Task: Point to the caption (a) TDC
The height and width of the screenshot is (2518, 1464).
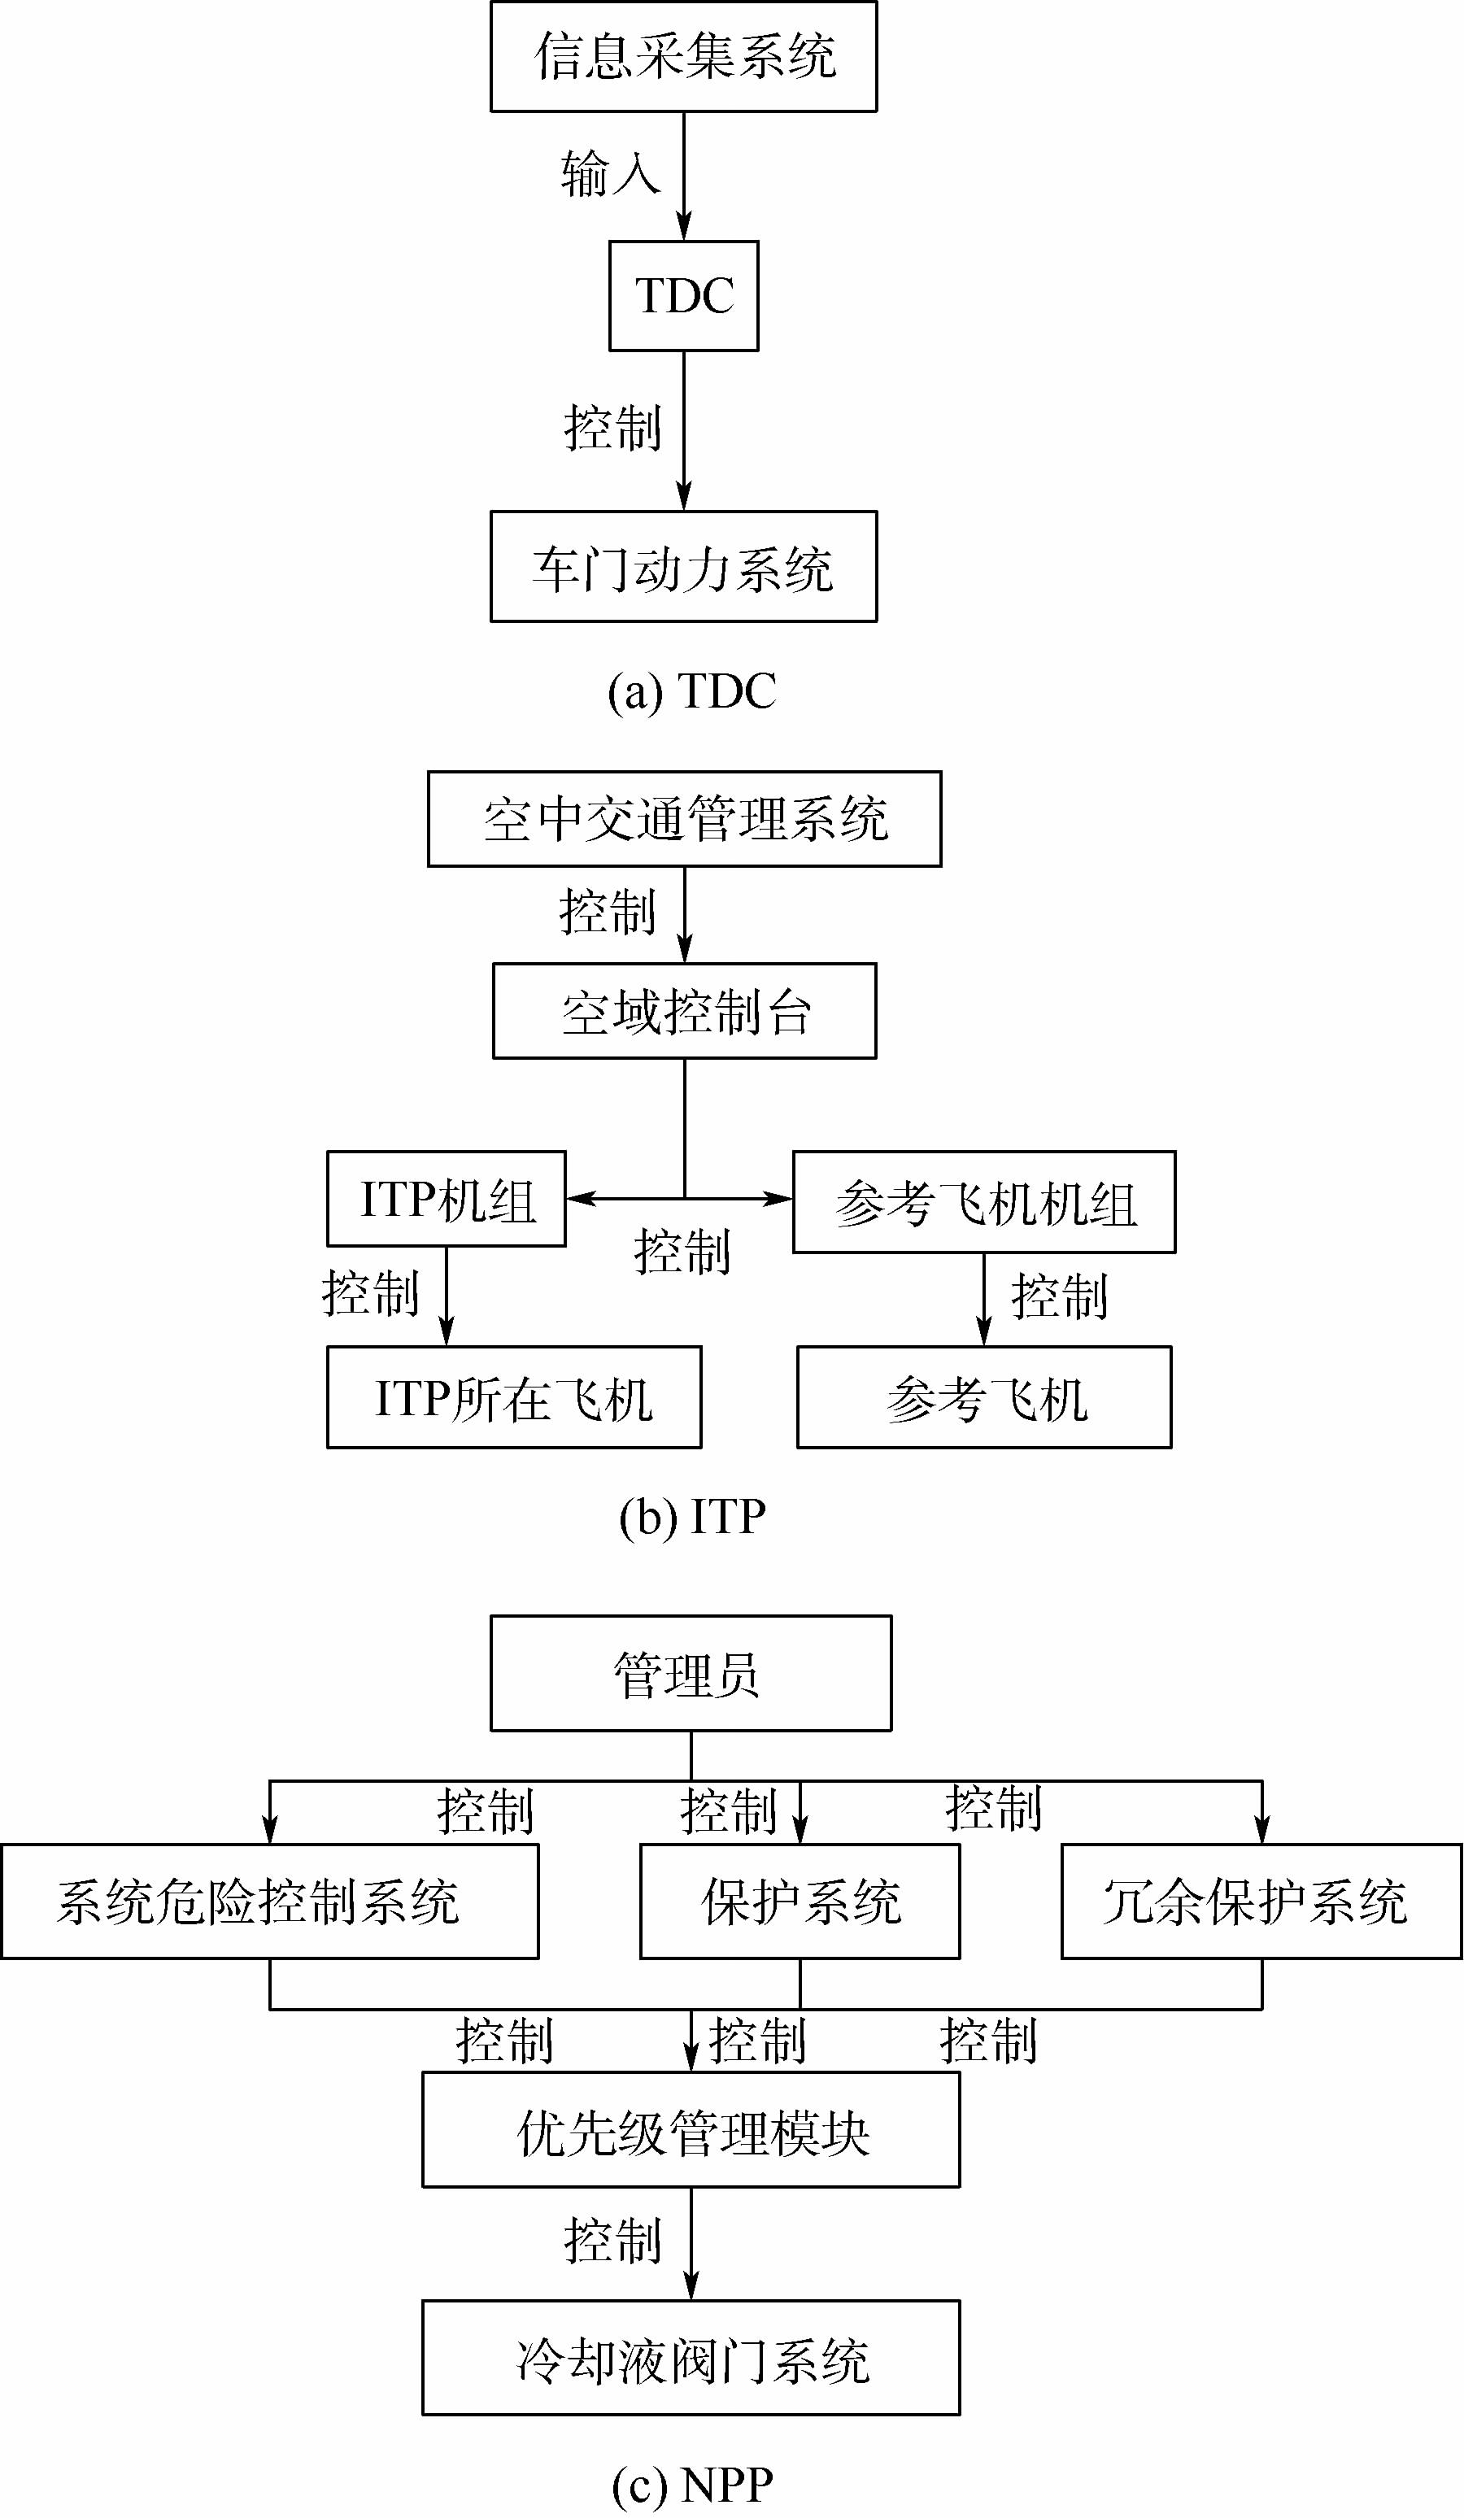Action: click(691, 691)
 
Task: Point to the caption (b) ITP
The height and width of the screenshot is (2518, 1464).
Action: click(691, 1517)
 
